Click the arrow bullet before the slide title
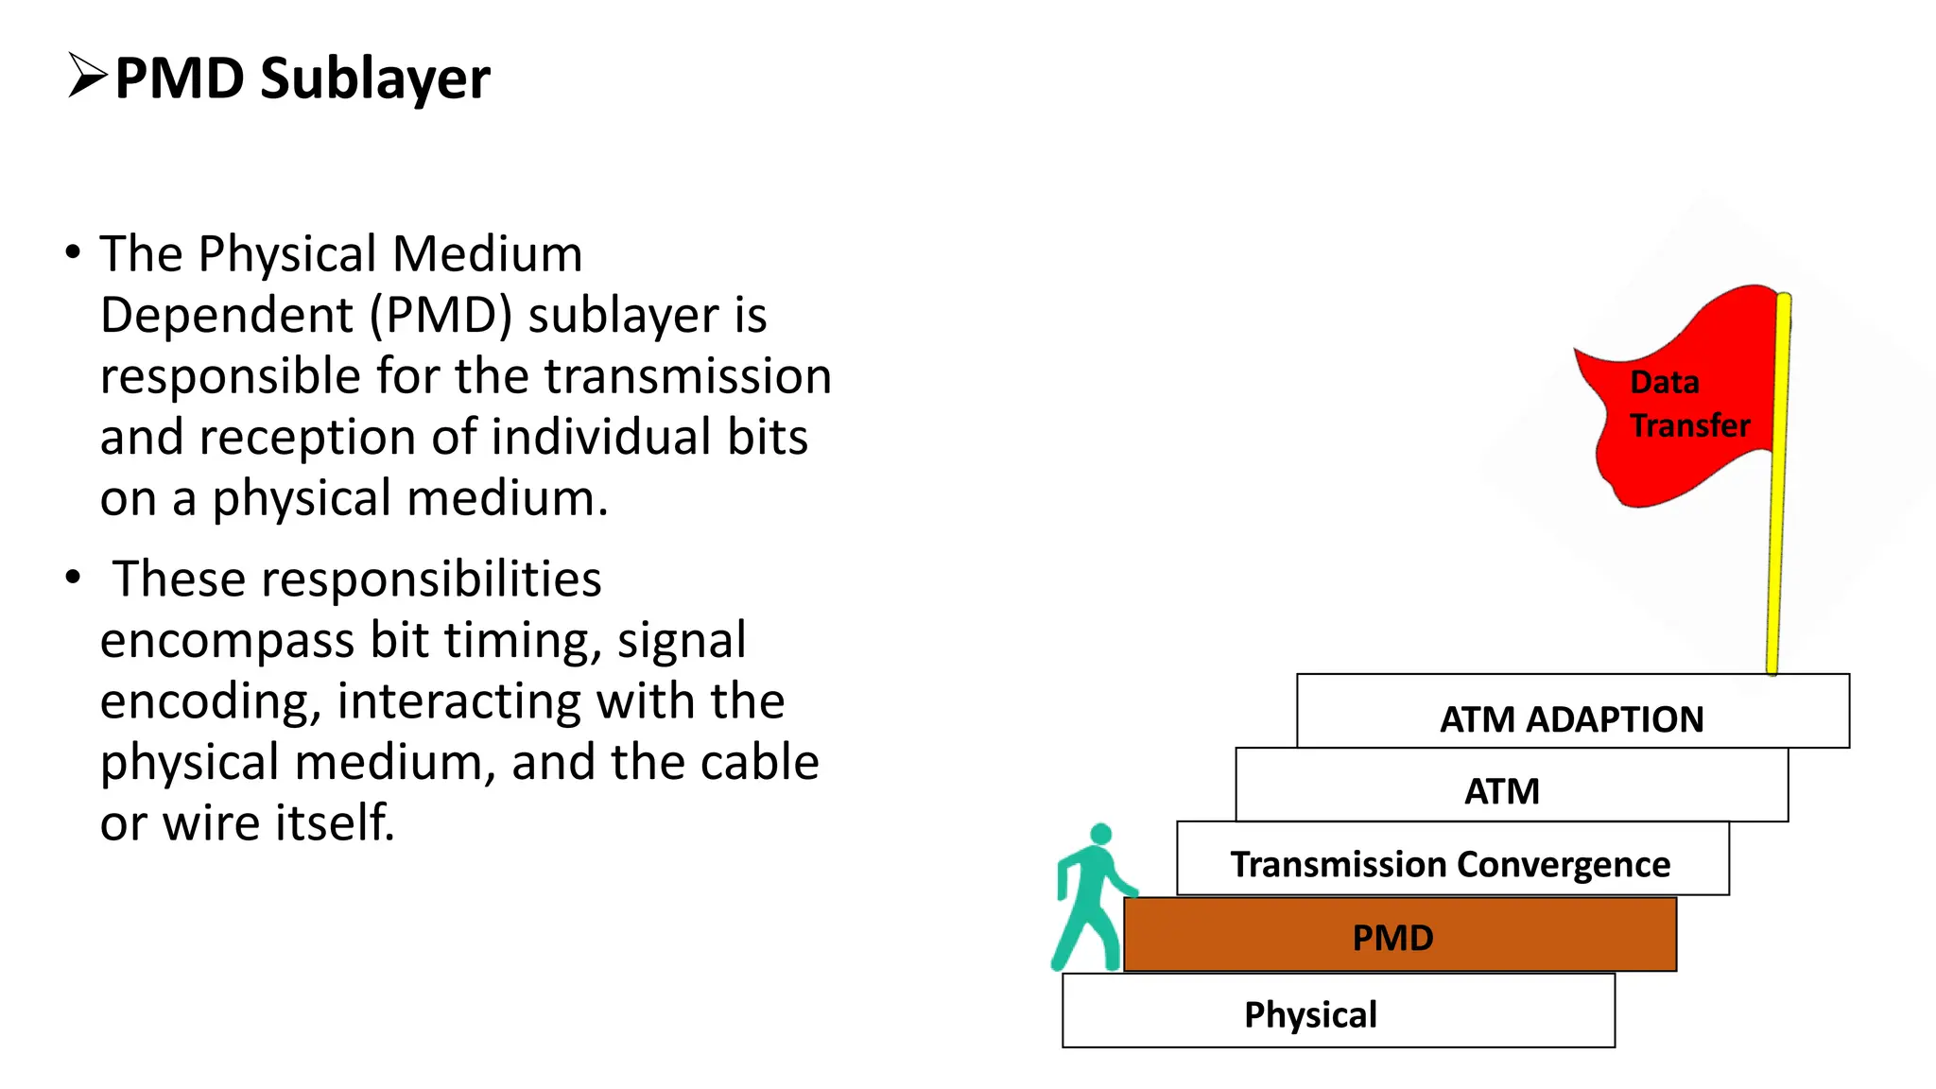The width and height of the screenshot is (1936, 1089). pyautogui.click(x=87, y=76)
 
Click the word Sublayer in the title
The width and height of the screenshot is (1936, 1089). pyautogui.click(x=374, y=78)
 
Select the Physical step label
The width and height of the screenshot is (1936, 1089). pyautogui.click(x=1310, y=1014)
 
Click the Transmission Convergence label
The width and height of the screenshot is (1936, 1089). pyautogui.click(x=1450, y=864)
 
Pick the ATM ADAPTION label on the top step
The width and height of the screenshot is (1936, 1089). pyautogui.click(x=1571, y=719)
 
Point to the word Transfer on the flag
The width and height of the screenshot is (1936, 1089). pyautogui.click(x=1690, y=425)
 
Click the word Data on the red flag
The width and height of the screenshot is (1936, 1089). pyautogui.click(x=1665, y=382)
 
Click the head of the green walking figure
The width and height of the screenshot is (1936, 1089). pyautogui.click(x=1101, y=835)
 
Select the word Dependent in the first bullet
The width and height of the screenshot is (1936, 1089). pyautogui.click(x=227, y=315)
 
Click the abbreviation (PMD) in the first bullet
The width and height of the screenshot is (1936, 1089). pyautogui.click(x=441, y=315)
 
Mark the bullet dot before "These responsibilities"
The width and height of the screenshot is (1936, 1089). pyautogui.click(x=74, y=577)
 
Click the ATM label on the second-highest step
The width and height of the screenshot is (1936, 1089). pyautogui.click(x=1501, y=791)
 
